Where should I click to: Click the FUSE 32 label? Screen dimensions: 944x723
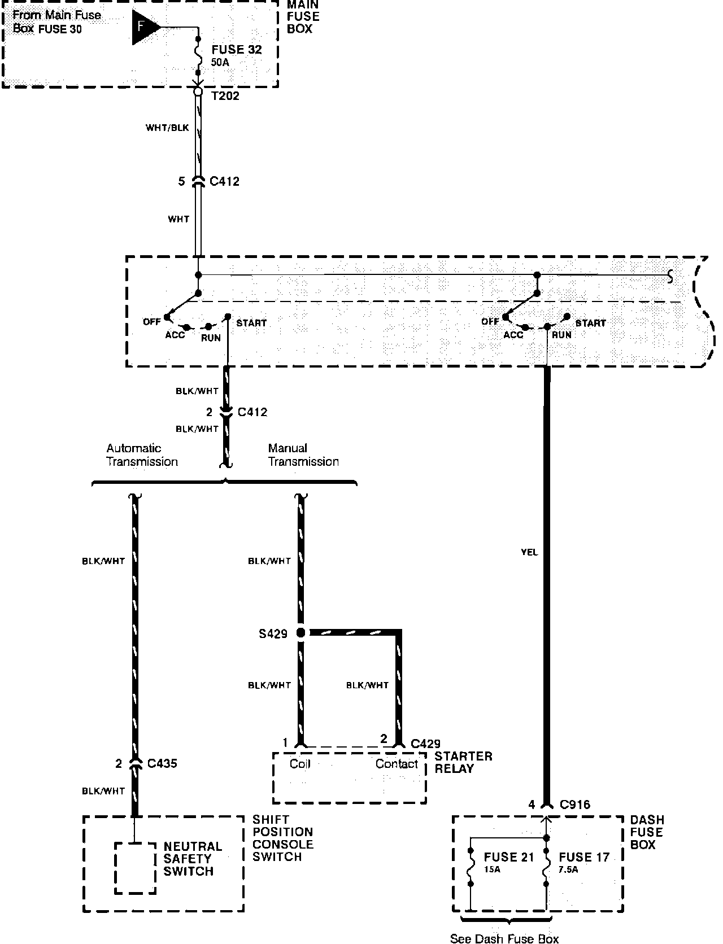pyautogui.click(x=237, y=50)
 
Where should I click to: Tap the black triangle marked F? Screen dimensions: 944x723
pyautogui.click(x=143, y=27)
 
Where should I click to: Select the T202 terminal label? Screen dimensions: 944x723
pyautogui.click(x=225, y=96)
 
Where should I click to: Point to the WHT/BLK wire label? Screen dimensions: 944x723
pyautogui.click(x=167, y=128)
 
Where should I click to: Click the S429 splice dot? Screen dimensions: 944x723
pyautogui.click(x=300, y=633)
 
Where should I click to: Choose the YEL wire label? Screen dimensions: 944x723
pyautogui.click(x=529, y=552)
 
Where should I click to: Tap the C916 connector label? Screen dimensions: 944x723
pyautogui.click(x=574, y=805)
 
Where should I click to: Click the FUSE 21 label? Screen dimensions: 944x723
pyautogui.click(x=508, y=857)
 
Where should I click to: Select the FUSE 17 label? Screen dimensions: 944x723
pyautogui.click(x=584, y=857)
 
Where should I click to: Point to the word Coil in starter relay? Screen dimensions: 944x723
pyautogui.click(x=300, y=764)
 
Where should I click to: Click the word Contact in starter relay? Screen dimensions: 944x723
pyautogui.click(x=397, y=764)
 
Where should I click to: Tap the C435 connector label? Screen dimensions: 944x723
pyautogui.click(x=162, y=763)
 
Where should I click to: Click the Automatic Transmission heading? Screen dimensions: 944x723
pyautogui.click(x=142, y=455)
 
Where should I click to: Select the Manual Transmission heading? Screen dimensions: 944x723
pyautogui.click(x=303, y=455)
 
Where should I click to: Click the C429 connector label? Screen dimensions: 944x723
pyautogui.click(x=425, y=744)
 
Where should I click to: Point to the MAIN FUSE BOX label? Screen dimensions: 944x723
pyautogui.click(x=303, y=17)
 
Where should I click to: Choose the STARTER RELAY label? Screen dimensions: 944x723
pyautogui.click(x=463, y=762)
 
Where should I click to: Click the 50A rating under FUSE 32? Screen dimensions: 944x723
pyautogui.click(x=220, y=63)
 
